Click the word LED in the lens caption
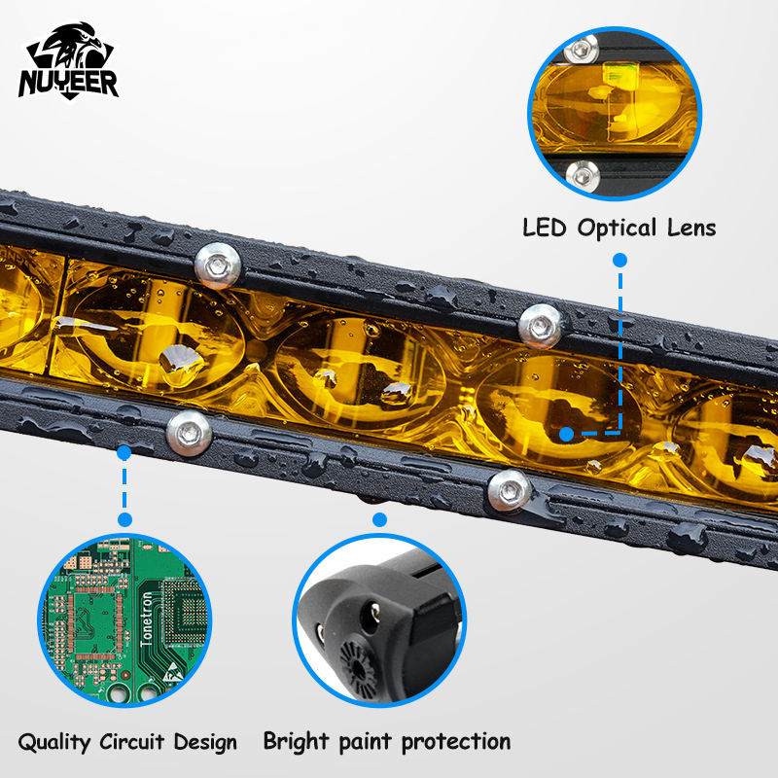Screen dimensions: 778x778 coord(546,229)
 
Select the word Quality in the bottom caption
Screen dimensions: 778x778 coord(54,743)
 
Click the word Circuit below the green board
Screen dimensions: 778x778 coord(136,742)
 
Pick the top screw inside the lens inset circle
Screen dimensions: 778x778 coord(583,48)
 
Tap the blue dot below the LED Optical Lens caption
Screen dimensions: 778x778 coord(619,261)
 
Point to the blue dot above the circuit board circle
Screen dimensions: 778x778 coord(124,453)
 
